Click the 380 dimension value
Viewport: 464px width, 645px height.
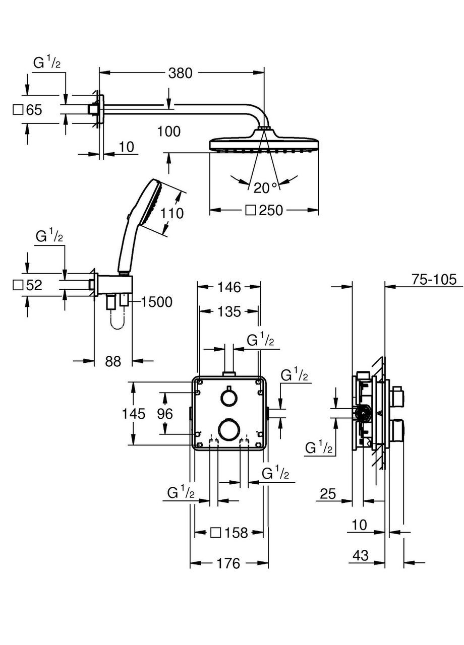tap(180, 74)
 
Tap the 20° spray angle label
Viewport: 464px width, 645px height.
tap(265, 188)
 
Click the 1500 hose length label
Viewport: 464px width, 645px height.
tap(157, 302)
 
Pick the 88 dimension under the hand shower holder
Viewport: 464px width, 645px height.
tap(113, 361)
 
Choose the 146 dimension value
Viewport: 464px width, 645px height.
tap(228, 287)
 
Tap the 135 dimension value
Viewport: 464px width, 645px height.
tap(229, 312)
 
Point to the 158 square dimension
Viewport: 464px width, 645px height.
tap(236, 532)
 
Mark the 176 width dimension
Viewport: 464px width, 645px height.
tap(228, 563)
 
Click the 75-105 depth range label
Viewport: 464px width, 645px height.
tap(437, 280)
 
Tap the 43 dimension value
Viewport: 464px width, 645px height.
tap(360, 555)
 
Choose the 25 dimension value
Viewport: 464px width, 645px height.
tap(328, 494)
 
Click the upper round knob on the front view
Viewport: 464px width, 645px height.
tap(228, 398)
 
